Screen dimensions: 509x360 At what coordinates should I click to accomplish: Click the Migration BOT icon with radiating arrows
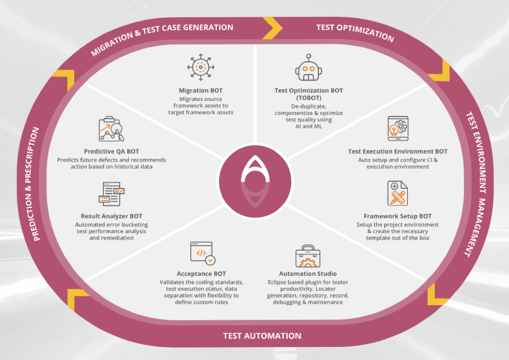(x=201, y=67)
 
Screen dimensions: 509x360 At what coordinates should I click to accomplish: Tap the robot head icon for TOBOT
(x=308, y=67)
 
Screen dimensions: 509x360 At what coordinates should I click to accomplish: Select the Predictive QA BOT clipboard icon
(x=111, y=129)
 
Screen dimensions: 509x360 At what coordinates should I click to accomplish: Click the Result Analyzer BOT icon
(x=111, y=194)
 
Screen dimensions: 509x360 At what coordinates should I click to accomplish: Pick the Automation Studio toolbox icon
(x=308, y=256)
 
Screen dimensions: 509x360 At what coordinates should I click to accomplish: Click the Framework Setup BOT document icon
(x=397, y=193)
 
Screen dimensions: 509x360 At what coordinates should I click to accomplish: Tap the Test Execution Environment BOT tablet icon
(x=398, y=129)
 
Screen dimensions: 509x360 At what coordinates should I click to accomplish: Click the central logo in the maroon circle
(x=255, y=181)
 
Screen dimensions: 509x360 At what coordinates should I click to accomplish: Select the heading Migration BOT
(x=201, y=90)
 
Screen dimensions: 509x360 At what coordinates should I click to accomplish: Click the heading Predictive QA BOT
(x=111, y=152)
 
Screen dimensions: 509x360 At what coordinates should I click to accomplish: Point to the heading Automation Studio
(x=308, y=274)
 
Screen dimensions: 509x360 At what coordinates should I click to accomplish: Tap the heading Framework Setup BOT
(x=398, y=216)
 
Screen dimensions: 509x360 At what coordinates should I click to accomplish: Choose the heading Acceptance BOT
(x=201, y=274)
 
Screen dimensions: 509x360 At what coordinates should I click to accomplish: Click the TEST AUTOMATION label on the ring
(x=262, y=335)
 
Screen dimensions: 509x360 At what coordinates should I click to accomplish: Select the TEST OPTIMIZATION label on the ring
(x=355, y=32)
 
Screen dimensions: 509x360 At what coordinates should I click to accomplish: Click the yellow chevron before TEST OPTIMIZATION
(x=272, y=28)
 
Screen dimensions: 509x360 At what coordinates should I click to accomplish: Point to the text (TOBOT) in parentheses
(x=309, y=98)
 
